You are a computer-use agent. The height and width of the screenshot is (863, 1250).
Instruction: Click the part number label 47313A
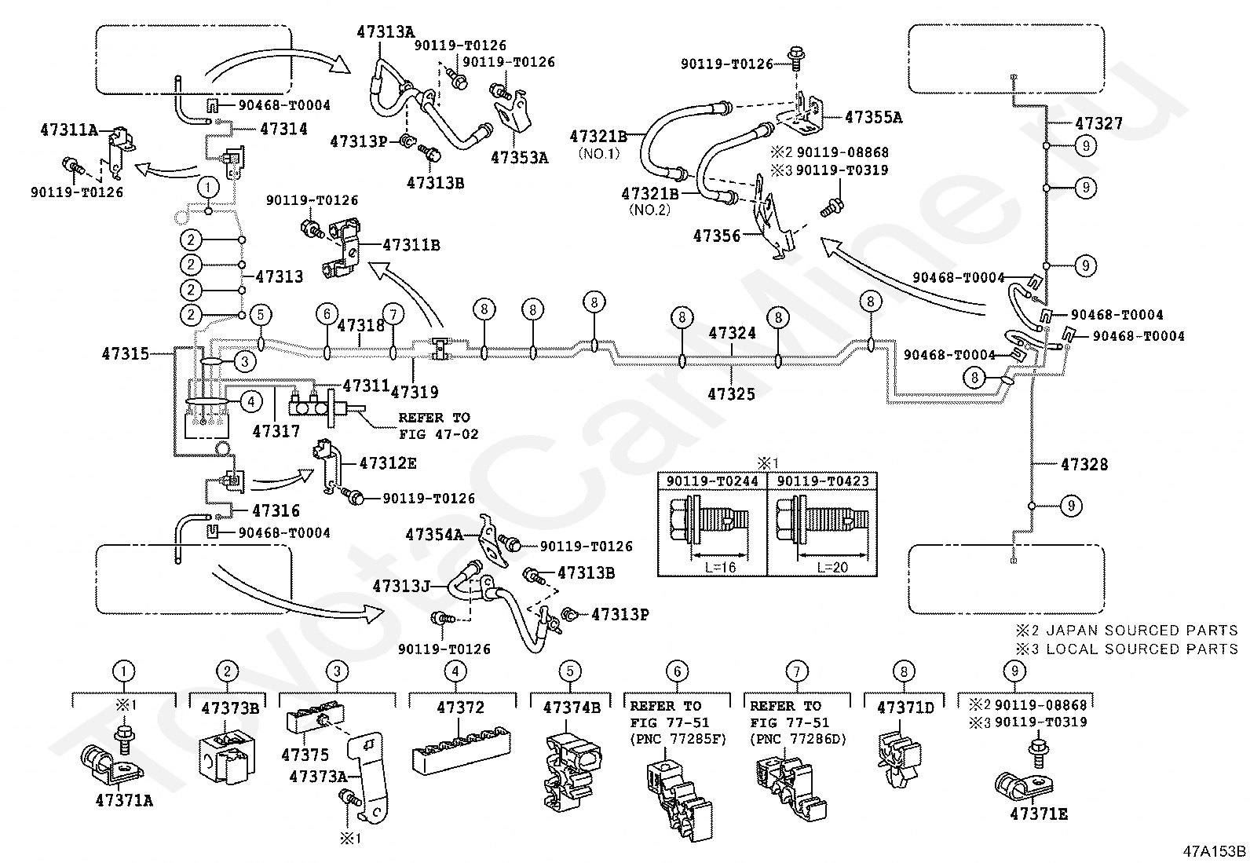click(386, 32)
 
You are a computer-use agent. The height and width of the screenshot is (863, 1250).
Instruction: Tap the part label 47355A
click(873, 117)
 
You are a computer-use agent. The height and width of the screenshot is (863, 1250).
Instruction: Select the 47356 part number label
click(717, 236)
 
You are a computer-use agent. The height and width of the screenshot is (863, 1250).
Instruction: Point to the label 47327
click(1098, 123)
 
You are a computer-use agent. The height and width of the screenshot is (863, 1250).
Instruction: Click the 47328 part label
click(1084, 464)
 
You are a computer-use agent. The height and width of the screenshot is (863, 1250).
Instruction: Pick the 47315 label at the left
click(126, 353)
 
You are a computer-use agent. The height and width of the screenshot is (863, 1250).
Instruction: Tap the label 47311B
click(411, 245)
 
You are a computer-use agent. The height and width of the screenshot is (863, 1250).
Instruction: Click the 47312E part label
click(388, 463)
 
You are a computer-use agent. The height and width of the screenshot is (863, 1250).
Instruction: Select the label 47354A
click(435, 535)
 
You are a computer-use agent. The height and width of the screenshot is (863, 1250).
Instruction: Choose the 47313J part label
click(401, 586)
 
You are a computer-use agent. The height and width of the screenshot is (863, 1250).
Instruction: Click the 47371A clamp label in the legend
click(124, 800)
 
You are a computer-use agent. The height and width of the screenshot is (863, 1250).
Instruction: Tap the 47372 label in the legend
click(460, 708)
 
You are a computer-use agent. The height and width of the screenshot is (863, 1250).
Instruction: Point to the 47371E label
click(1039, 814)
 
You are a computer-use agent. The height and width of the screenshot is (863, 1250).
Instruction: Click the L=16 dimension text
click(721, 568)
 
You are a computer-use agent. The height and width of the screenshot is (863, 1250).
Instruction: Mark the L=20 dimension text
click(832, 568)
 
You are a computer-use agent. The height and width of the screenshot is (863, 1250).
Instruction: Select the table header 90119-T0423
click(823, 481)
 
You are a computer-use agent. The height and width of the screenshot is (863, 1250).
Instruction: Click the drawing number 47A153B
click(1215, 851)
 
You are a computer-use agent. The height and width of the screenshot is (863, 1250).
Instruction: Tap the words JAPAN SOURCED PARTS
click(1142, 631)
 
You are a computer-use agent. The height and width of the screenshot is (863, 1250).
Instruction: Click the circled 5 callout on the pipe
click(261, 314)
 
